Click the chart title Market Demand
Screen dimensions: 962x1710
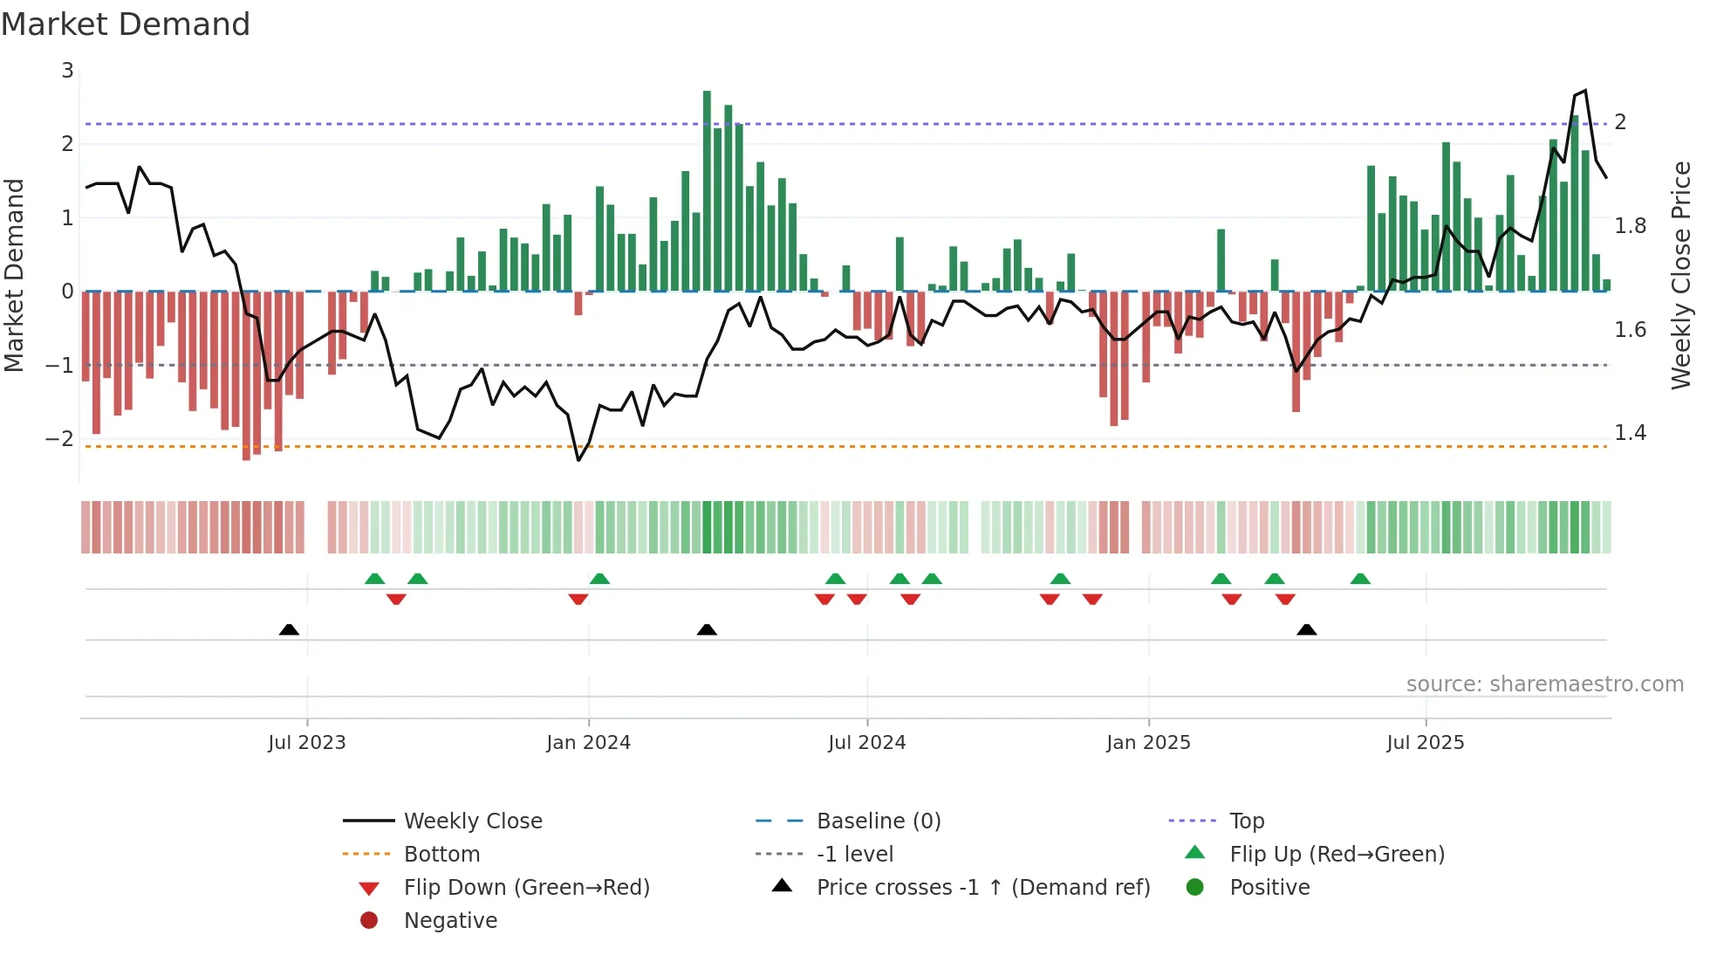coord(126,24)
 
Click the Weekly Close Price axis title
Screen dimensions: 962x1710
coord(1680,275)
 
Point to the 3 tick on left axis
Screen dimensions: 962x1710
coord(67,71)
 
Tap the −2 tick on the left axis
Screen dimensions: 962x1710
coord(60,438)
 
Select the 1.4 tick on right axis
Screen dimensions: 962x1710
coord(1630,433)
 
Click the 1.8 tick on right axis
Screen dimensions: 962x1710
coord(1630,226)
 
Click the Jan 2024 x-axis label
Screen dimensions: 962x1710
coord(588,743)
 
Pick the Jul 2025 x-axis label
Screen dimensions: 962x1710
coord(1425,743)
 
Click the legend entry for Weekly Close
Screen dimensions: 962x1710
coord(472,821)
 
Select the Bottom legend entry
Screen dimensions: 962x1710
coord(441,855)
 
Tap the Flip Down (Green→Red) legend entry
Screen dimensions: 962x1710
coord(526,888)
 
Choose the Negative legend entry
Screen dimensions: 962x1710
coord(450,921)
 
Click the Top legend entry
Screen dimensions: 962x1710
coord(1246,821)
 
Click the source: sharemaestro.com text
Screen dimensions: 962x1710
coord(1544,684)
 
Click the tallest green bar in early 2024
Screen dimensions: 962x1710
coord(707,190)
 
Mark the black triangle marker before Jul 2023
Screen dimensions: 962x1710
coord(289,629)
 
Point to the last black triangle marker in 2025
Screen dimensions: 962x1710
coord(1306,629)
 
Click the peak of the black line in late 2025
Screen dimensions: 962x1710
coord(1585,90)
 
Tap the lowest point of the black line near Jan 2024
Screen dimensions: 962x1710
coord(578,460)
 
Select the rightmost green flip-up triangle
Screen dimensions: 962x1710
coord(1360,579)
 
